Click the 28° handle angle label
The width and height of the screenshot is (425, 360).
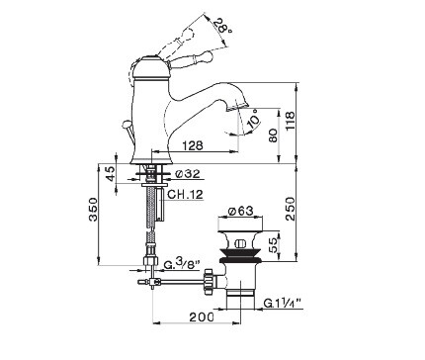coord(222,28)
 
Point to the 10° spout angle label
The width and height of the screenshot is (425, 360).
coord(254,120)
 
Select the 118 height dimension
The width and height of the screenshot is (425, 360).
coord(291,121)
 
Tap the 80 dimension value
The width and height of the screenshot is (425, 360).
coord(273,135)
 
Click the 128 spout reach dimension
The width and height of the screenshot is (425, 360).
coord(193,145)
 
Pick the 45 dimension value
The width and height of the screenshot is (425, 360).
coord(111,173)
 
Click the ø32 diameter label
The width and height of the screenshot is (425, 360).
coord(188,173)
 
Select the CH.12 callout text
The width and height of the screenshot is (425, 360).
coord(185,194)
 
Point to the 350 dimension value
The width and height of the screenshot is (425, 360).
coord(94,209)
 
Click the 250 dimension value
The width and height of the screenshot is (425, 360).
coord(291,209)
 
